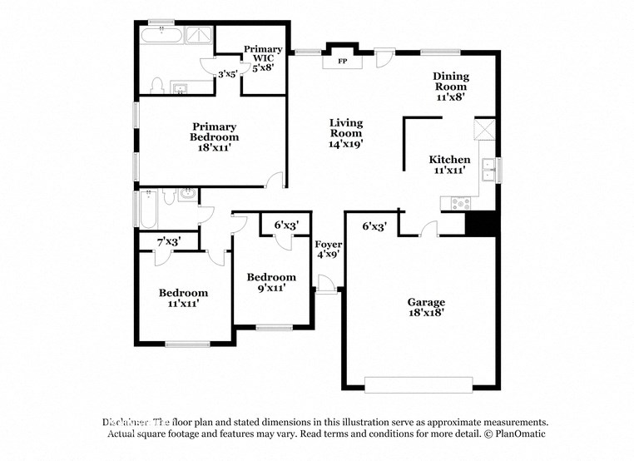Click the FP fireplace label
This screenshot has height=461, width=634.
342,62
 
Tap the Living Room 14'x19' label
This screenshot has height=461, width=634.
345,133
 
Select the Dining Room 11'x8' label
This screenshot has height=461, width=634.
449,86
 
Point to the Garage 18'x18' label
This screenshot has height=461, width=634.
425,308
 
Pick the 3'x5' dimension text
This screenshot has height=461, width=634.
228,73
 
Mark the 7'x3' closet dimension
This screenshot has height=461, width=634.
168,241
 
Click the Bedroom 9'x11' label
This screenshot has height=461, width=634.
271,282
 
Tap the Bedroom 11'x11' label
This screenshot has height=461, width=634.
184,298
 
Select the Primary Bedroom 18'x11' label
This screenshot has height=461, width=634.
214,137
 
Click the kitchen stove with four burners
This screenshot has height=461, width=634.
460,202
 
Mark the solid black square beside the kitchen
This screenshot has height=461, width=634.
481,223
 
